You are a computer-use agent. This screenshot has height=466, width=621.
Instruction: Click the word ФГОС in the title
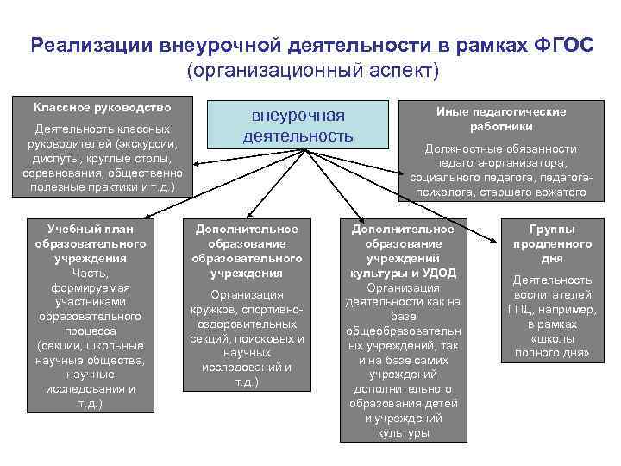[564, 44]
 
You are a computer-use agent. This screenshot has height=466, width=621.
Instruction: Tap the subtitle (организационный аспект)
[311, 69]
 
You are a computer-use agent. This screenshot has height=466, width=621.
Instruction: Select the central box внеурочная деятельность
[298, 126]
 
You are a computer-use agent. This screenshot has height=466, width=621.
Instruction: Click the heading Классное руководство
[102, 108]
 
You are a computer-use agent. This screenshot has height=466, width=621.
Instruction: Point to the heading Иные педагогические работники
[501, 119]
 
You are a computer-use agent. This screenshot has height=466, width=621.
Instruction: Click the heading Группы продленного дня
[551, 243]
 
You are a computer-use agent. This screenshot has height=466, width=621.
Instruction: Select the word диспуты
[53, 158]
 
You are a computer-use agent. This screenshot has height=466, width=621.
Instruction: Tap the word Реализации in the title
[91, 44]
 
